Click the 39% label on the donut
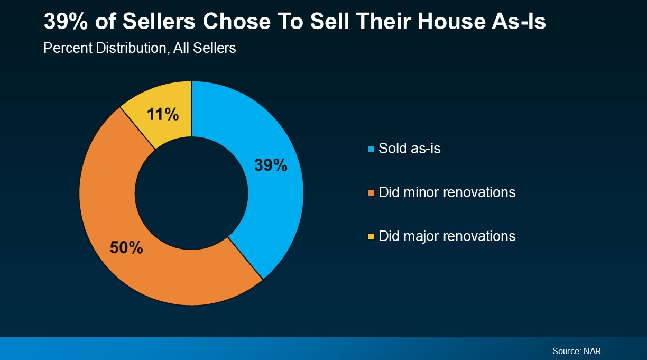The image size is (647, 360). pos(271,165)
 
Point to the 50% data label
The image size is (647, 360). pos(126,247)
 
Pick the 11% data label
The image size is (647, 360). pos(163,114)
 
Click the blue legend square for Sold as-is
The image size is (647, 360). pos(371,149)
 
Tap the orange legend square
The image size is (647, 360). pos(371,193)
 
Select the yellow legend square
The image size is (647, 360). pos(371,237)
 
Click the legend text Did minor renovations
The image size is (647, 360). pos(447,192)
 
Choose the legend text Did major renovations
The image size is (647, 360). pos(447,236)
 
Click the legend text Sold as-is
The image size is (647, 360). pos(409,148)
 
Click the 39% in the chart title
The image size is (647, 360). pos(65,21)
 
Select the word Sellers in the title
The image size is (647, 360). pos(159,21)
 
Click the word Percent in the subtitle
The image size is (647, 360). pos(68,48)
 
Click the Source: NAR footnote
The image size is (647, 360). pos(577,351)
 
